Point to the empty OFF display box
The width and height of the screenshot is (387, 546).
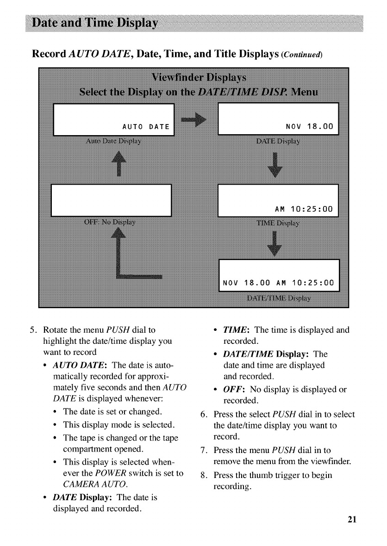[x=112, y=200]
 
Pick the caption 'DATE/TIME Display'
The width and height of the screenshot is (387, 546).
[x=279, y=297]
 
